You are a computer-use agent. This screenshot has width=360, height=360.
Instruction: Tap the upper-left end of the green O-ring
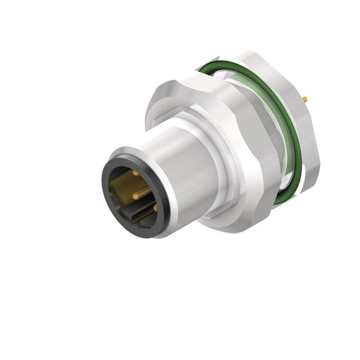(204, 66)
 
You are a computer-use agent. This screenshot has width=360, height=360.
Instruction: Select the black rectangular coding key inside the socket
(144, 214)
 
